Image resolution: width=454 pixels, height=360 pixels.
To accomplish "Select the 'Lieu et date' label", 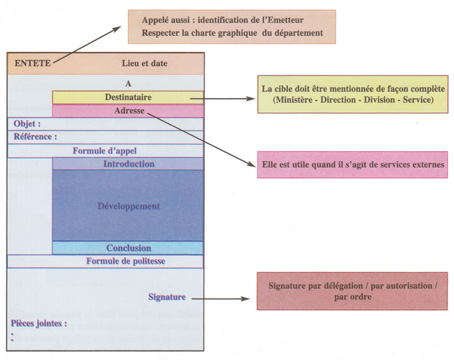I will pos(144,64).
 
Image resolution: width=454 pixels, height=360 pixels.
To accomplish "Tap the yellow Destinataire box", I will pos(128,97).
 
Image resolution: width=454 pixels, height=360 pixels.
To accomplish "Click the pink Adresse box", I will pos(128,111).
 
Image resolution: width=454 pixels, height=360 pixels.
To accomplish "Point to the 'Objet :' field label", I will pos(27,124).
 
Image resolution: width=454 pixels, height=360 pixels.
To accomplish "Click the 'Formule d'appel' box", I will pos(104,151).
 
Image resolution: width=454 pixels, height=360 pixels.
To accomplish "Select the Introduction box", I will pos(128,164).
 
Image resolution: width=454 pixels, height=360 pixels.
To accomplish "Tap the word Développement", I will pos(128,206).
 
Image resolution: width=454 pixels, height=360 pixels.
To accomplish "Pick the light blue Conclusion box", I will pos(128,248).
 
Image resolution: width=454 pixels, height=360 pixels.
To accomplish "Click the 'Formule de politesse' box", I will pos(125,261).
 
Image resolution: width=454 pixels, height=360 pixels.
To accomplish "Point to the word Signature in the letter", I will pos(167,297).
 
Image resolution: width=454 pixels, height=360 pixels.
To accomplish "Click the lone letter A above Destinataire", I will pos(128,84).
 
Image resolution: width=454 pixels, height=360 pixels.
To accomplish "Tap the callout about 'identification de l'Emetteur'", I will pos(232,27).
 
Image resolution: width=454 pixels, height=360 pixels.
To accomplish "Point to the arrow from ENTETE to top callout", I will pos(88,45).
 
